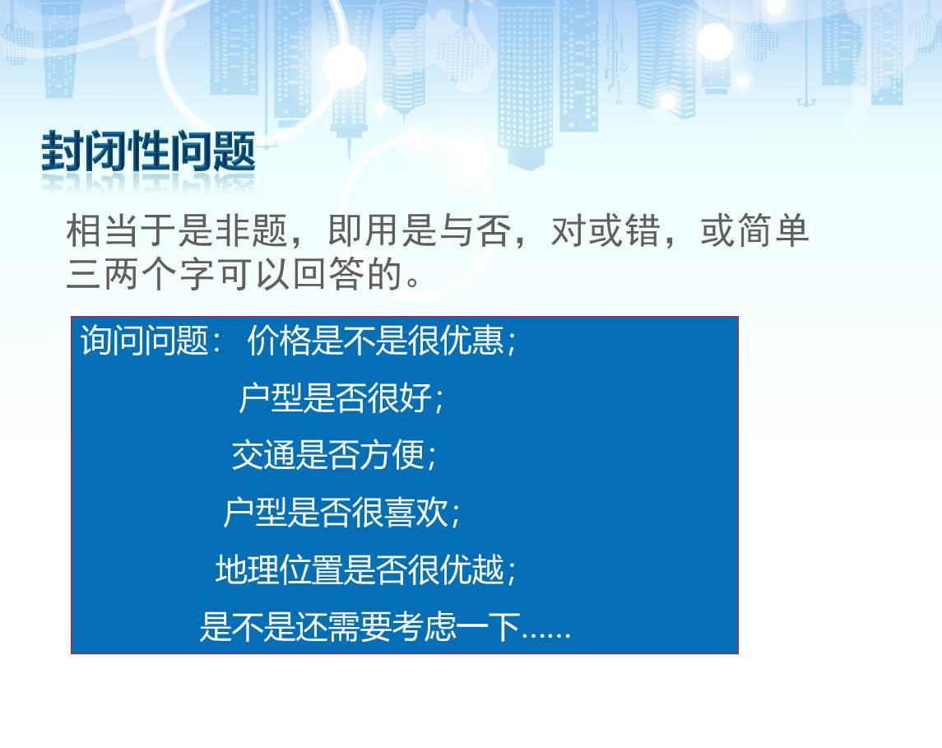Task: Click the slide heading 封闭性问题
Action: (148, 151)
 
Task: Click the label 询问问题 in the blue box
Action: (144, 340)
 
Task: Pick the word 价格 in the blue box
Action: (279, 340)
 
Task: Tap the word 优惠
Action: (472, 340)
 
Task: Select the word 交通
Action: (264, 455)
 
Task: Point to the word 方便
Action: (392, 455)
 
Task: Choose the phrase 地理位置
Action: (280, 569)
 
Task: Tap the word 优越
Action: (472, 569)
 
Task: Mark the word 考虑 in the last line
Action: (425, 627)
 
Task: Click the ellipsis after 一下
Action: (545, 634)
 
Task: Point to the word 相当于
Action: (121, 230)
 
